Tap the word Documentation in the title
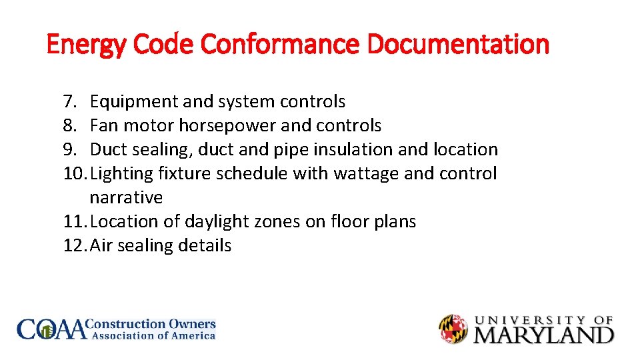coord(458,45)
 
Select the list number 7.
coord(70,102)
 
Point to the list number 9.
coord(70,150)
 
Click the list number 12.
coord(75,246)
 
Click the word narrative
coord(126,198)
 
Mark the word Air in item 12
coord(101,246)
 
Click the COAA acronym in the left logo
coord(52,329)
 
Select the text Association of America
coord(153,336)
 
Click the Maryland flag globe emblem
coord(453,329)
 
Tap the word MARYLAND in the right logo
coord(543,334)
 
